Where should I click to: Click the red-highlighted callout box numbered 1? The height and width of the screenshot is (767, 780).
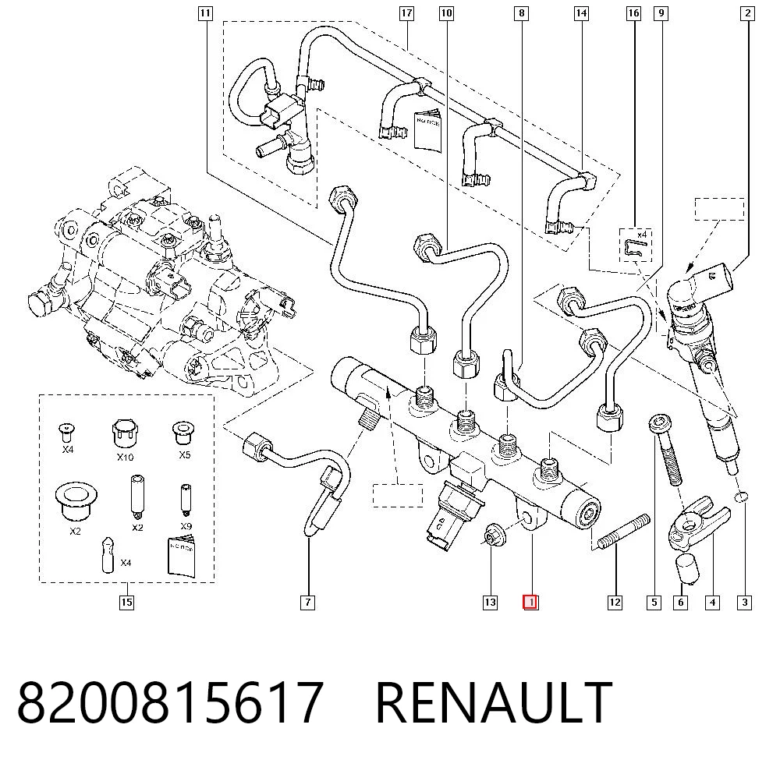coord(530,603)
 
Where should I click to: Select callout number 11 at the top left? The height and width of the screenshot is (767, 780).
coord(205,13)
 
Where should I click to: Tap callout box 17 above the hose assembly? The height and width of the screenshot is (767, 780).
coord(406,13)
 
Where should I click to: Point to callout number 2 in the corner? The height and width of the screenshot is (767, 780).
coord(747,13)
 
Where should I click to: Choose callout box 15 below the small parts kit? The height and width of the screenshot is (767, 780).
coord(127,603)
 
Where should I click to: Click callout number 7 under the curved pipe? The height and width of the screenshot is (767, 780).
coord(308,603)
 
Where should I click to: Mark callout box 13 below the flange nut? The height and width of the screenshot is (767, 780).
coord(490,603)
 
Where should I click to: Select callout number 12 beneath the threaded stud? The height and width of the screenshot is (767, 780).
coord(615,603)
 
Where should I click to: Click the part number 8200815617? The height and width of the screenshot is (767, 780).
coord(171,702)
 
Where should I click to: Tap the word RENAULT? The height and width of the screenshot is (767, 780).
coord(494,702)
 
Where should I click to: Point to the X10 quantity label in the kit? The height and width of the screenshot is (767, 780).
coord(125,457)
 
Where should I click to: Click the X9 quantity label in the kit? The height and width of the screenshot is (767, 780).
coord(186,526)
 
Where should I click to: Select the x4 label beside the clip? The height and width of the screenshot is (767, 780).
coord(642,234)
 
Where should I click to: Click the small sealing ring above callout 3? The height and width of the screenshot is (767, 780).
coord(741,497)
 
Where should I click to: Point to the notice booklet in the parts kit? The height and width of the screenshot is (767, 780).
coord(181,556)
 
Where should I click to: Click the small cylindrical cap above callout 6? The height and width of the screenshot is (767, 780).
coord(687,569)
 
